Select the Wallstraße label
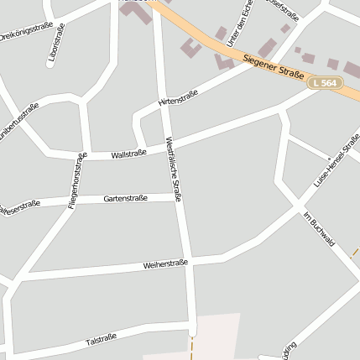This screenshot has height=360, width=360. point(128,154)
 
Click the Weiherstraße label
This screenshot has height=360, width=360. point(165,264)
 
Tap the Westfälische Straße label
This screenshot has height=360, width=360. point(175,168)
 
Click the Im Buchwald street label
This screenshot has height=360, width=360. point(319,227)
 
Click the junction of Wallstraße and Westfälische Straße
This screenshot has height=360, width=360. point(167,148)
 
